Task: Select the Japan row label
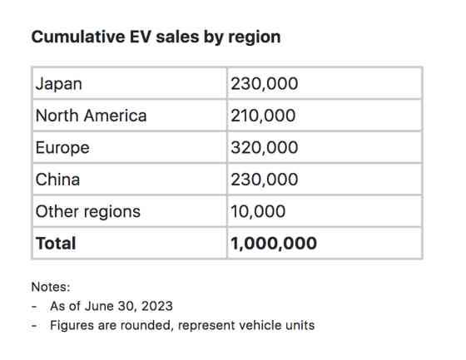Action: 58,83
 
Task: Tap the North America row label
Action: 91,116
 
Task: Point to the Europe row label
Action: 62,147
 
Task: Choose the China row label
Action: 57,180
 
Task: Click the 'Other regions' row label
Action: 87,211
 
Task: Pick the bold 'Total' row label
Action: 56,244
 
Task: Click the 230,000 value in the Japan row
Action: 264,83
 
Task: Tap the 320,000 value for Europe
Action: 264,147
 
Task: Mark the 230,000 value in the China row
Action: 264,180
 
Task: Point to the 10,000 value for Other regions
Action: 258,211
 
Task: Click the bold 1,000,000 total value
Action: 274,244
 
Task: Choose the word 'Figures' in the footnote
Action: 72,325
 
